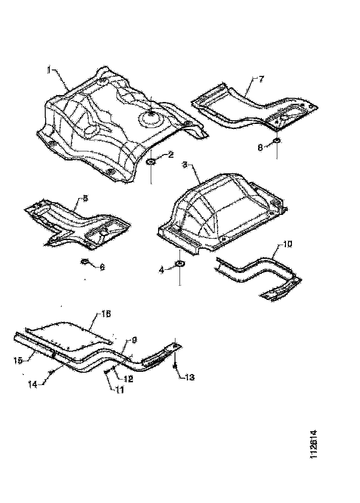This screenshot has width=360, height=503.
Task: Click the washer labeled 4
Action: point(180,263)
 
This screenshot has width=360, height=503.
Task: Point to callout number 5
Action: point(85,198)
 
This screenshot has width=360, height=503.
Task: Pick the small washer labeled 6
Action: point(85,262)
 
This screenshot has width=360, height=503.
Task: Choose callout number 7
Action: point(261,79)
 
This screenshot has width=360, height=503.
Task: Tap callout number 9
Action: point(135,339)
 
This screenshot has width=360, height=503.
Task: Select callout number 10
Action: point(286,245)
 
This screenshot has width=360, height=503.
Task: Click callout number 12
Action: point(127,379)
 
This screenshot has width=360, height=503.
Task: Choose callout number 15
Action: point(18,360)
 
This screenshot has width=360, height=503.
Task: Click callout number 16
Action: point(106,314)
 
